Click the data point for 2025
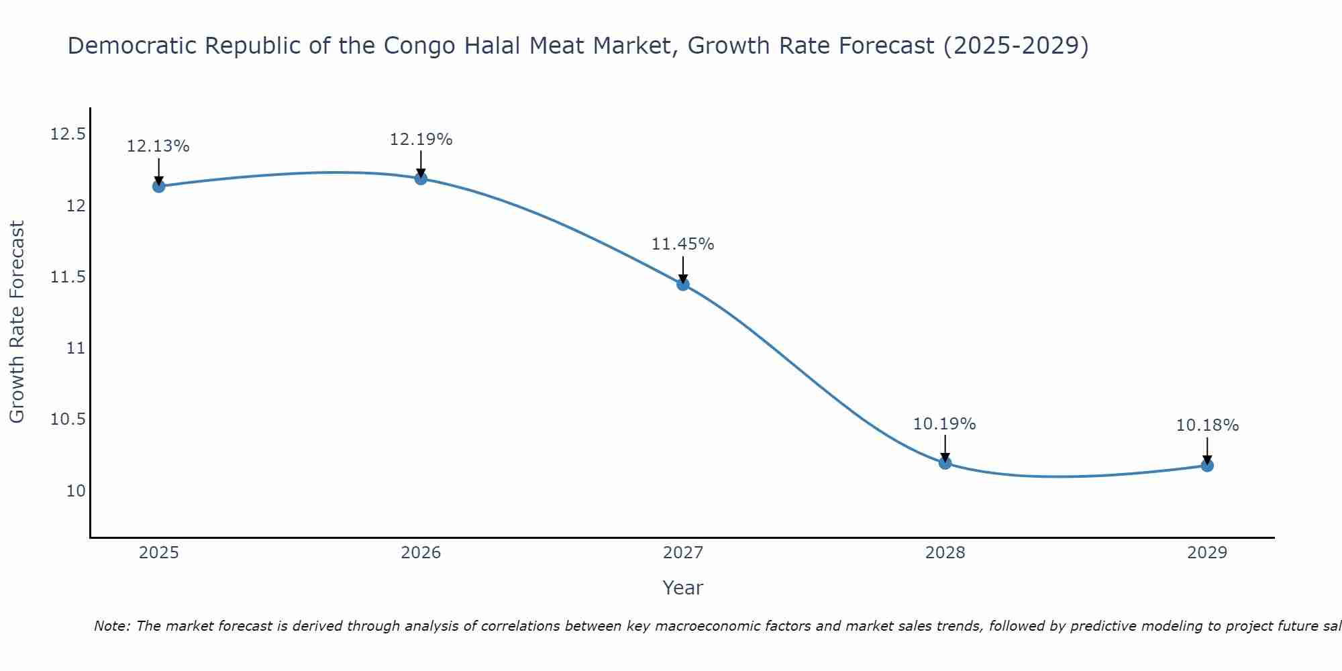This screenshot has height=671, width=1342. point(158,186)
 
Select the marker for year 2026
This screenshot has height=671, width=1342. point(421,178)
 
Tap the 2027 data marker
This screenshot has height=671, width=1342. point(683,284)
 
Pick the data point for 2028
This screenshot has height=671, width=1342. point(945,462)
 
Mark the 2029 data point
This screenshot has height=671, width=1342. point(1207,465)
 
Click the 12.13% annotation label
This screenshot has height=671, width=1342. point(158,146)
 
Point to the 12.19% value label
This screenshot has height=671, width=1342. point(421,140)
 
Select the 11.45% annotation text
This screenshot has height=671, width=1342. point(683,244)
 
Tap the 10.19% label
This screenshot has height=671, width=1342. point(945,424)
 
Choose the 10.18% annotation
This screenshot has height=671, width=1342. point(1207,425)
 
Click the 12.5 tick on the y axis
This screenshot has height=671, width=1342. point(68,134)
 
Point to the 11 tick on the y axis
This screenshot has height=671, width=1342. point(76,348)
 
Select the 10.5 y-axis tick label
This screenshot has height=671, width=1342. point(68,419)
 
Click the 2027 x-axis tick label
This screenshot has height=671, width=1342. point(683,553)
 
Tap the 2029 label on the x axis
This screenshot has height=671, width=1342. point(1207,553)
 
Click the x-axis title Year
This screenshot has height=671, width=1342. point(682,588)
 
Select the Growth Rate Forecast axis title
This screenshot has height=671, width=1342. point(17,322)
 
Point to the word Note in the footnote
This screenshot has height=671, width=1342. point(112,626)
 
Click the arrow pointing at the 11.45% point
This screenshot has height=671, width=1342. point(683,270)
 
